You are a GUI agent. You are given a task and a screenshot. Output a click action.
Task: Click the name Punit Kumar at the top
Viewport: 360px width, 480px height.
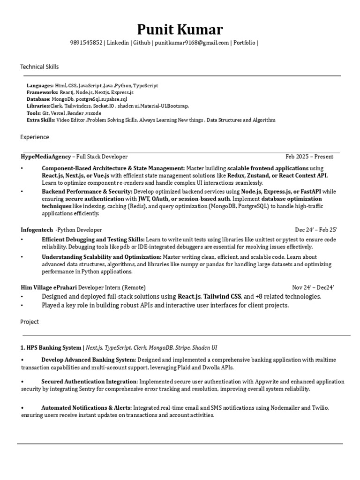[x=180, y=30]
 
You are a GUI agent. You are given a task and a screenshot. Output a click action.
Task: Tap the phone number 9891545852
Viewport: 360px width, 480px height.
[x=86, y=43]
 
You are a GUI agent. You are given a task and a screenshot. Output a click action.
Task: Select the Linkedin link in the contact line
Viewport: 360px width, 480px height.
[x=118, y=43]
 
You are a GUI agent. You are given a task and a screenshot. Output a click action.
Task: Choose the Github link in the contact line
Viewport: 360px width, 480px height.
[x=142, y=43]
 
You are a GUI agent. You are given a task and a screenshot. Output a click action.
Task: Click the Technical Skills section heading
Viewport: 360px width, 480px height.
[x=39, y=67]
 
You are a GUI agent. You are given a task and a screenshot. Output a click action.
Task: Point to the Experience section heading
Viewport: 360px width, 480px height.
[x=35, y=137]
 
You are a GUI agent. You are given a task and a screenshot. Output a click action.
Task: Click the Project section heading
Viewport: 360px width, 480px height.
[x=30, y=322]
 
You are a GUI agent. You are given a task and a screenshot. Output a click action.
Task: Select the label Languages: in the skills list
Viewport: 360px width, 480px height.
[x=40, y=86]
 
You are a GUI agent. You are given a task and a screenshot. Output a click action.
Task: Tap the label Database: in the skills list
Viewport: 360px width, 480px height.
[x=38, y=99]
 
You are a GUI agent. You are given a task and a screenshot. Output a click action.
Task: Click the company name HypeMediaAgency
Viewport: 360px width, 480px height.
[x=46, y=157]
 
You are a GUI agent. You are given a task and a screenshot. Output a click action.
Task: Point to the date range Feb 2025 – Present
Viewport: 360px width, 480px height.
[x=309, y=157]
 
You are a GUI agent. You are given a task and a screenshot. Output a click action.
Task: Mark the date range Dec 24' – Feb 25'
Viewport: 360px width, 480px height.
[x=316, y=230]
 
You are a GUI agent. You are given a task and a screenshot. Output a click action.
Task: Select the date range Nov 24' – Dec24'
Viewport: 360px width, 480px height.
[x=313, y=287]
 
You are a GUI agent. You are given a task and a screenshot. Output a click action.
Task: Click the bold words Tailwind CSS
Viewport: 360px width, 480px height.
[x=222, y=296]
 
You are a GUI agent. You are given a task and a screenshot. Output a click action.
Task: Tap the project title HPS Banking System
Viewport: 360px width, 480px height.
[x=53, y=348]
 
